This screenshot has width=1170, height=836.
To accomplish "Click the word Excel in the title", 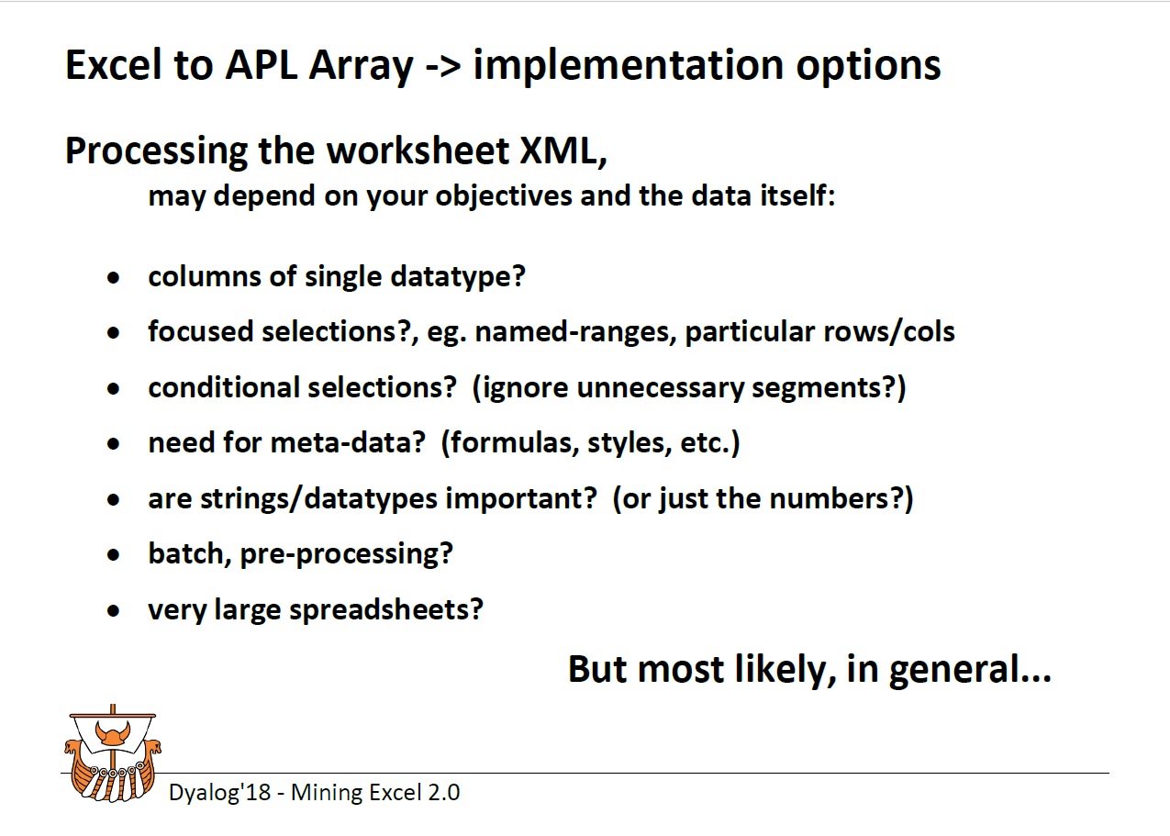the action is coord(113,65).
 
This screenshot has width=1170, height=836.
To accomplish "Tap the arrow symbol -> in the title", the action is coord(443,66).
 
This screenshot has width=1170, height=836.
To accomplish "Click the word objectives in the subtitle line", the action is coord(504,196).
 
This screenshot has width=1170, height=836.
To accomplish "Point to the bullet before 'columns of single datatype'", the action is coord(114,277).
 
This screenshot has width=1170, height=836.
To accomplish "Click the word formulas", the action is coord(515,443).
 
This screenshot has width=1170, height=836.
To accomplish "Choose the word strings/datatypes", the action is coord(318,498).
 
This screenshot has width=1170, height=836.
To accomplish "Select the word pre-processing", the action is coord(346,554).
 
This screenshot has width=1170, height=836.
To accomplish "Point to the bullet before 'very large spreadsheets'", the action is coord(114,610).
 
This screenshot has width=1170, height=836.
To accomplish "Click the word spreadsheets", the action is coord(386,609).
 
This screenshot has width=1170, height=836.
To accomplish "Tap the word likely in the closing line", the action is coord(786,669).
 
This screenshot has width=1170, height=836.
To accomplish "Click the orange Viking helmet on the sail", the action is coord(112,732).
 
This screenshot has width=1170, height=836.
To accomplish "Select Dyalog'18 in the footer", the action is coord(220,793).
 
